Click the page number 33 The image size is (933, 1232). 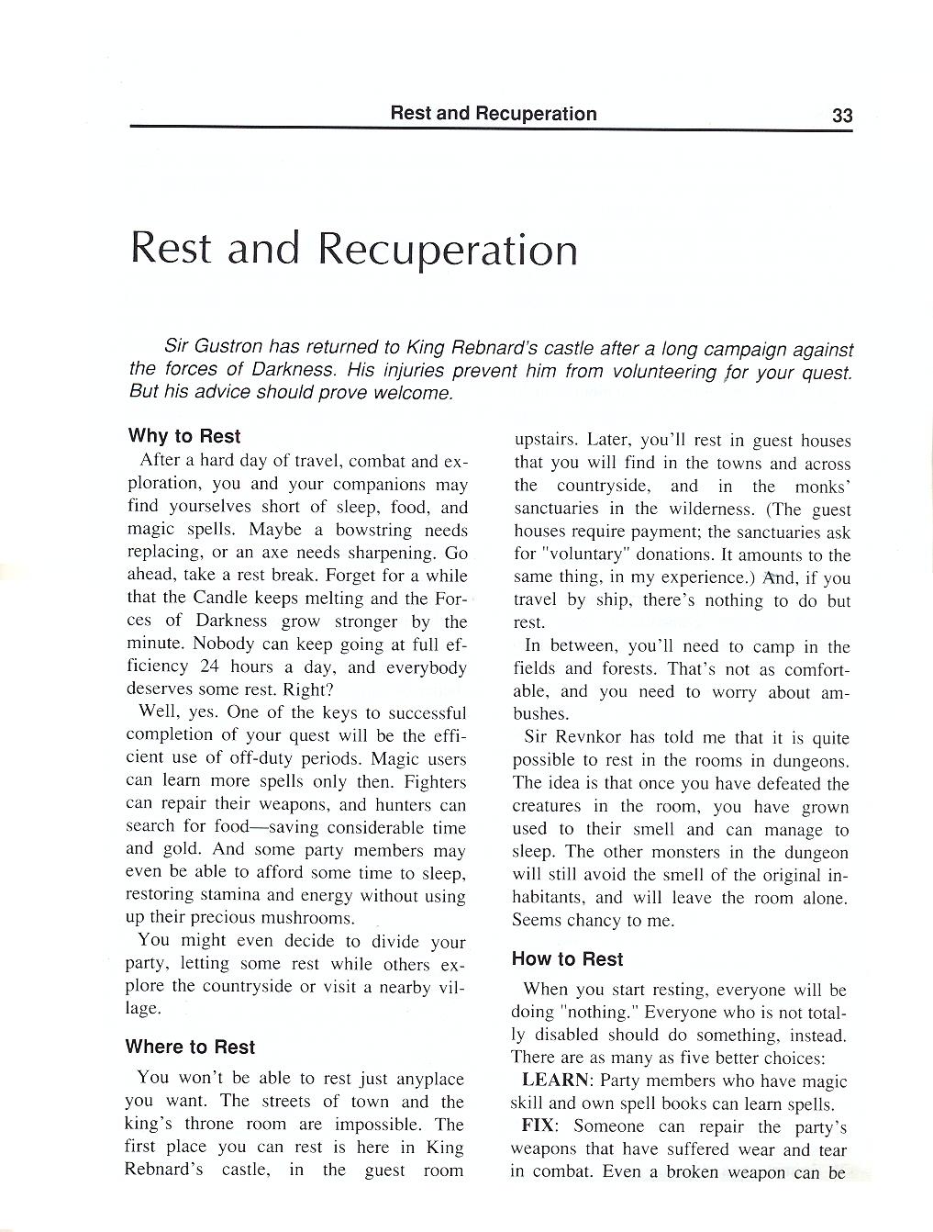841,115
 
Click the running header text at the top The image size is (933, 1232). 493,114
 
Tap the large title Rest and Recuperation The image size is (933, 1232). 354,249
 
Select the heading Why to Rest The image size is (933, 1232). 184,436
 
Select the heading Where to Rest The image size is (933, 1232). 190,1047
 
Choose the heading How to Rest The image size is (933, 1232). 567,958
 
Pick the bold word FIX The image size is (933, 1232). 537,1127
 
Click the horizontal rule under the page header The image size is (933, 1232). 491,129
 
